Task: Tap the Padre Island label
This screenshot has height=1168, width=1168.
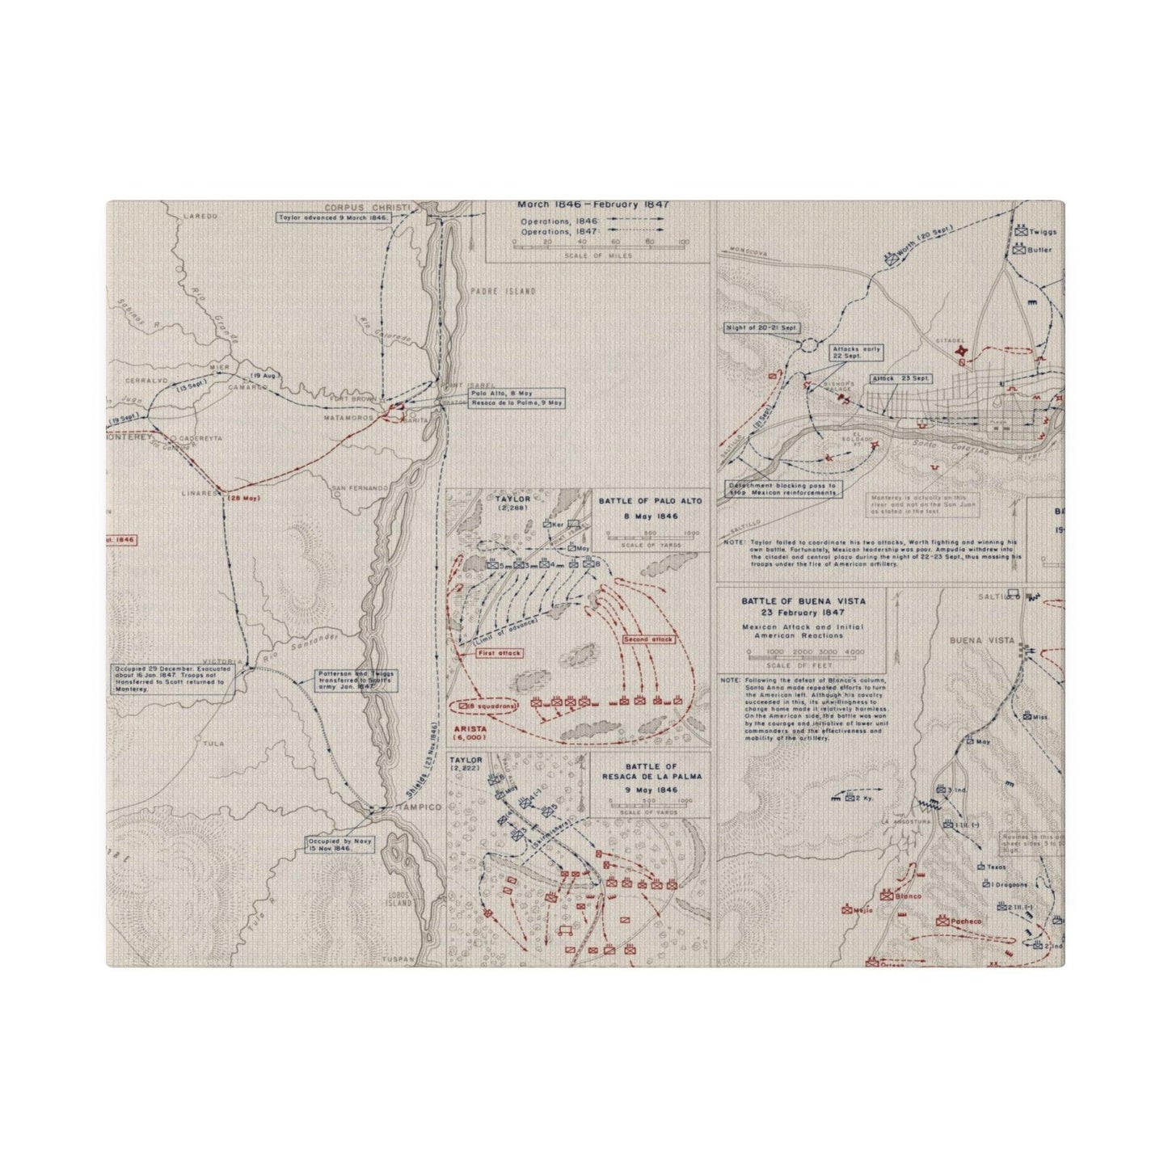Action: click(x=502, y=291)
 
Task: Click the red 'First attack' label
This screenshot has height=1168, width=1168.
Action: click(x=499, y=652)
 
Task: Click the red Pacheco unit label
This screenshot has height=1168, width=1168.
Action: click(x=963, y=921)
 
